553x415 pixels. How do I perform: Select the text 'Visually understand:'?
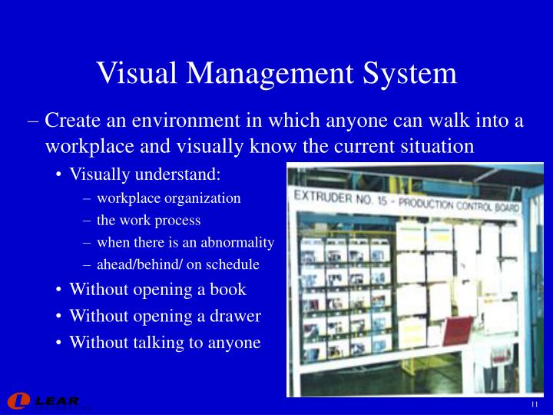coord(145,174)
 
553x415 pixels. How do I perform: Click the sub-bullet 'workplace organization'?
coord(169,198)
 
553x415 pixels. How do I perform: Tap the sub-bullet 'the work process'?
coord(148,220)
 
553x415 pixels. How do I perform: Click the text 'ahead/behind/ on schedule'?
coord(178,264)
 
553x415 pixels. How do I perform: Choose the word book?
coord(228,290)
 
